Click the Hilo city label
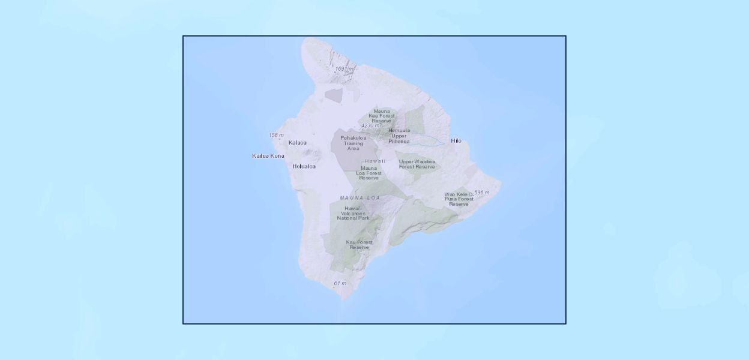click(456, 140)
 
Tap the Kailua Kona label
click(268, 156)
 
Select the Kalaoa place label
click(297, 143)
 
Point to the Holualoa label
click(304, 166)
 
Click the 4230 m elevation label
click(370, 125)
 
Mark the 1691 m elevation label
click(344, 69)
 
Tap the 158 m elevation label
click(276, 135)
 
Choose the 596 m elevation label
click(481, 193)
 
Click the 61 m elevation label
click(340, 283)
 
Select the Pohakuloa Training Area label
click(353, 143)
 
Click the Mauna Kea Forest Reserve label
click(381, 116)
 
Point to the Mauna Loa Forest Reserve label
click(368, 173)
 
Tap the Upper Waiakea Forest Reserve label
click(417, 164)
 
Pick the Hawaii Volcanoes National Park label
click(353, 213)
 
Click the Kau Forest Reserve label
click(359, 245)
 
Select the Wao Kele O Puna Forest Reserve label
click(459, 199)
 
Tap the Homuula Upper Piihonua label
click(399, 136)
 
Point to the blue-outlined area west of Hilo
click(429, 140)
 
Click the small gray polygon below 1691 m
click(334, 95)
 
